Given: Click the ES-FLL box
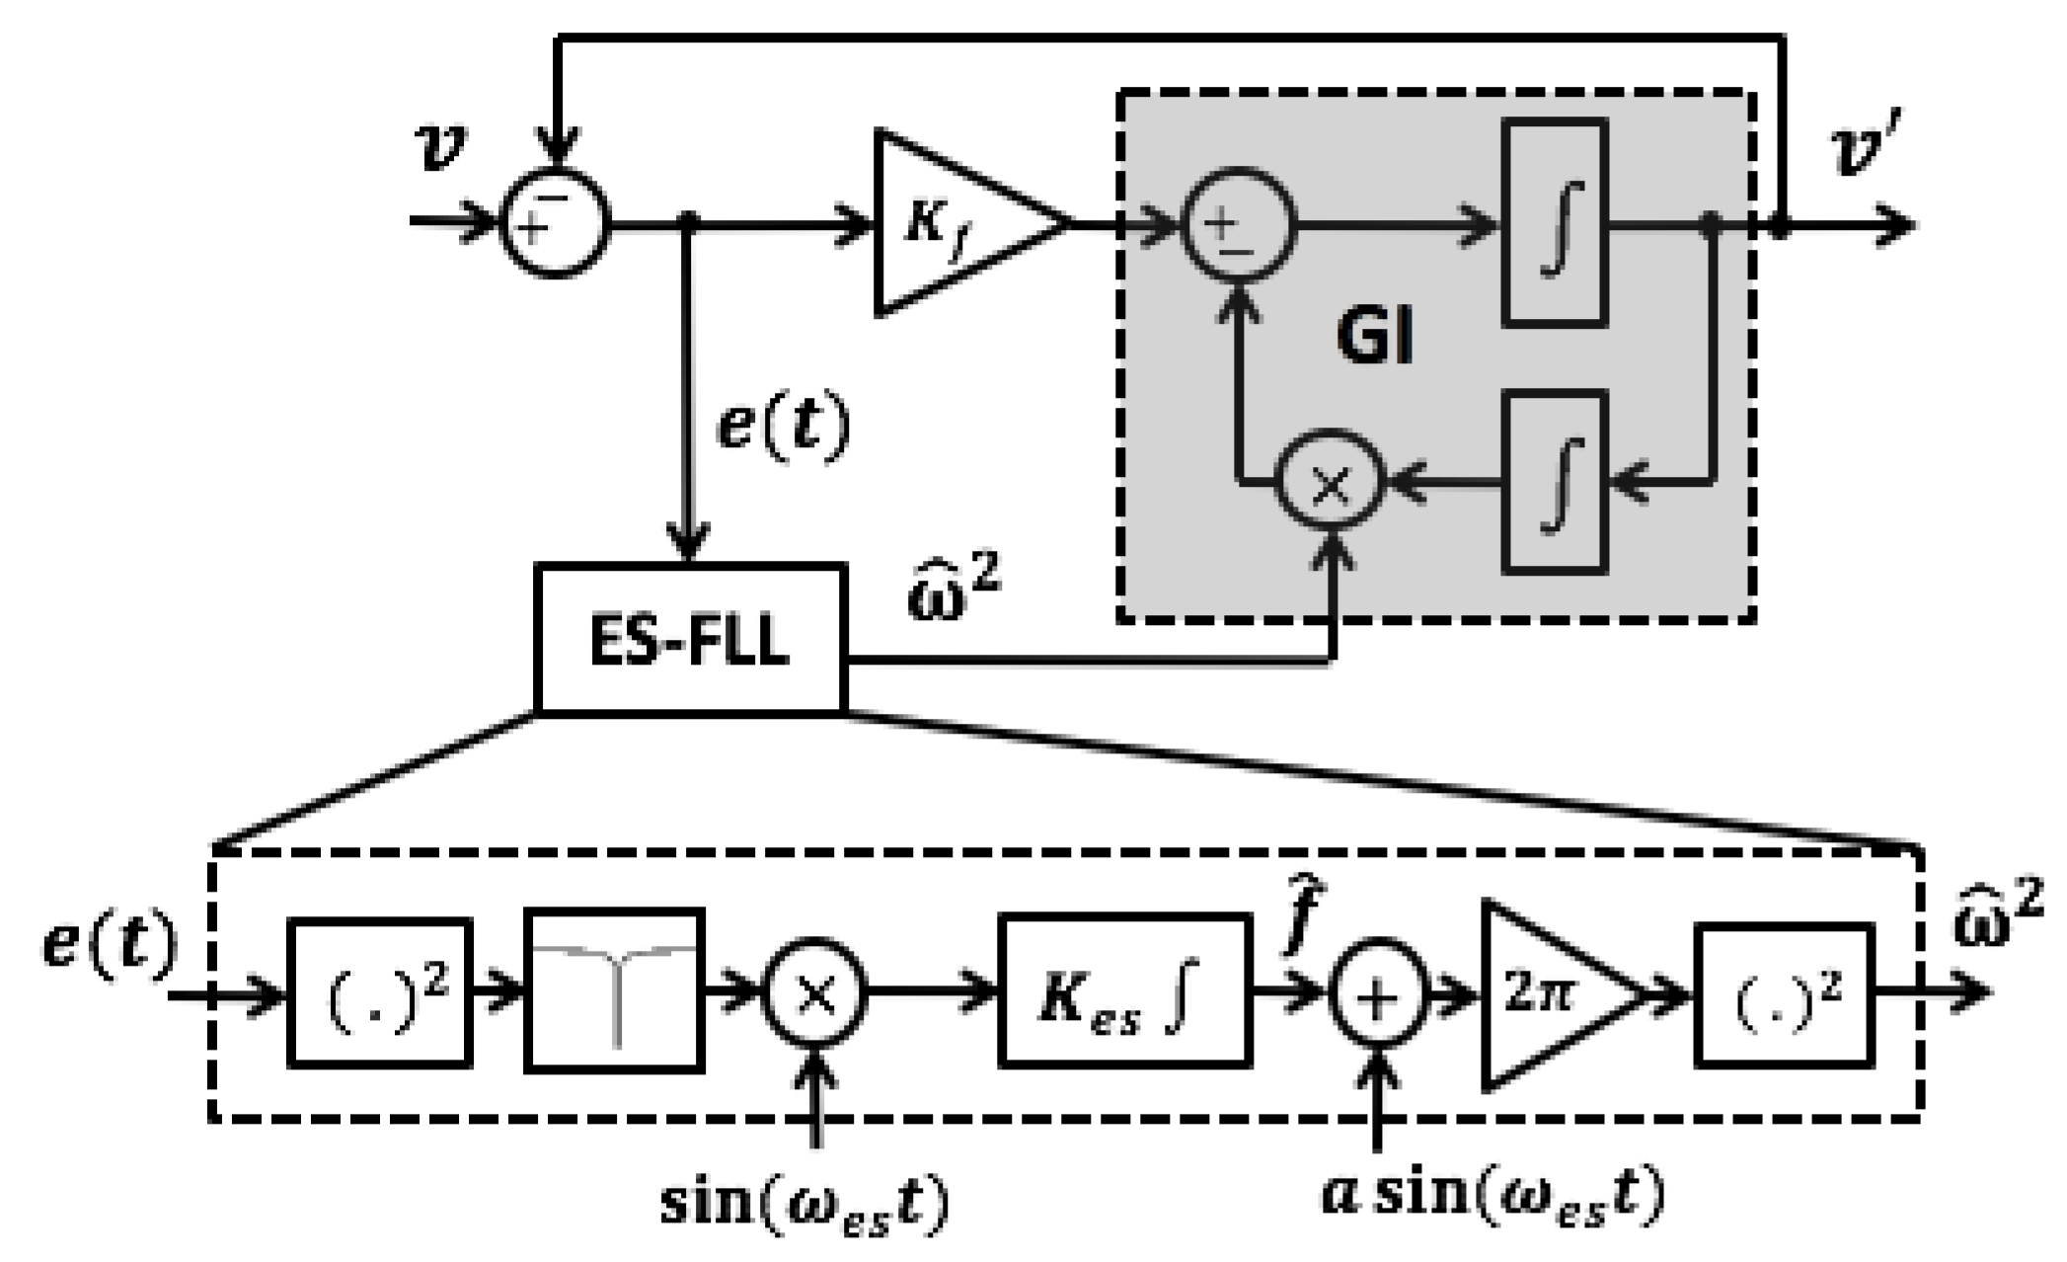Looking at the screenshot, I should [x=690, y=638].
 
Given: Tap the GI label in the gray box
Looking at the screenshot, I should [x=1375, y=338].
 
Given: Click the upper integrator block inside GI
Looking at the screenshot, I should [x=1555, y=223].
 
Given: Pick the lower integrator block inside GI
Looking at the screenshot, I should [x=1555, y=482].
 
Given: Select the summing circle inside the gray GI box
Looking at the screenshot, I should [x=1239, y=223].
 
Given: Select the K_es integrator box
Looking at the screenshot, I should [x=1124, y=991].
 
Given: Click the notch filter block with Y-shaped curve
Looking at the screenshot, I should [x=615, y=991].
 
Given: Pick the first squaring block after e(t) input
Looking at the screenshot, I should [x=379, y=991].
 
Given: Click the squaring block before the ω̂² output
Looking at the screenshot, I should [x=1785, y=993].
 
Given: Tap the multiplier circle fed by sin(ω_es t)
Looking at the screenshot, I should [x=815, y=993].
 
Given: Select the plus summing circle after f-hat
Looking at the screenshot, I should [x=1378, y=993].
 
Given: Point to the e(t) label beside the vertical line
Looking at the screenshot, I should [x=783, y=427].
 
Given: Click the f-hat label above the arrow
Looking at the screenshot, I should [x=1292, y=920].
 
